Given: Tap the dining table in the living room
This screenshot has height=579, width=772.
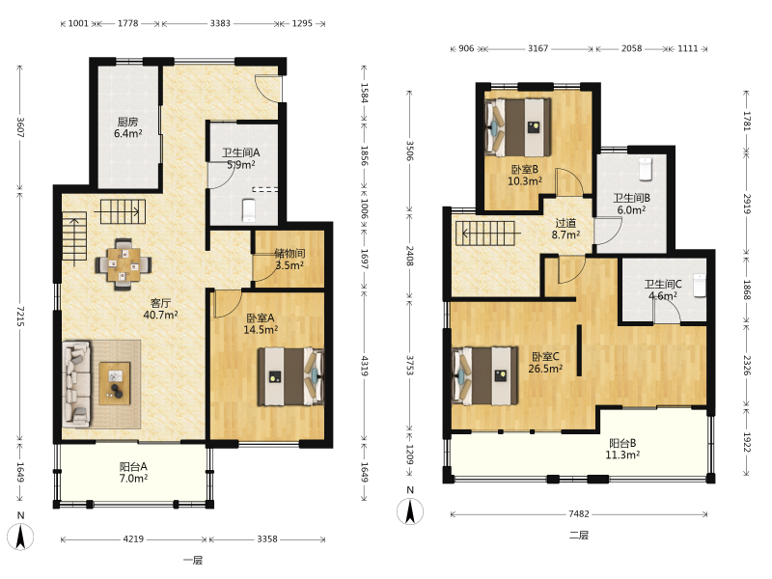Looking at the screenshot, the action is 124,264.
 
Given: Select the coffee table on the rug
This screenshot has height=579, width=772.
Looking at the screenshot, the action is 115,383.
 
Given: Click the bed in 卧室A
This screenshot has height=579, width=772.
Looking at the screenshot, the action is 291,376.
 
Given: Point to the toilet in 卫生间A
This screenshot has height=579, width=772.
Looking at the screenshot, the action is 249,210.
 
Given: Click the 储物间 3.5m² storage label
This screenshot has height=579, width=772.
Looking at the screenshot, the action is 289,260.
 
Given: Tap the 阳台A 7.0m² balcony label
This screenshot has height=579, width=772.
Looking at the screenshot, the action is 133,472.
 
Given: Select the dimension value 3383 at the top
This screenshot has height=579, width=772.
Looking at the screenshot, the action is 220,23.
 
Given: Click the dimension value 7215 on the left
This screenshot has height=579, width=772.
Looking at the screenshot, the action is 20,317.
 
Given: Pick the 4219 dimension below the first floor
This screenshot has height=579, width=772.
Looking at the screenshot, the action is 133,539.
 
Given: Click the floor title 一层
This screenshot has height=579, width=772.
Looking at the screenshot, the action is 193,561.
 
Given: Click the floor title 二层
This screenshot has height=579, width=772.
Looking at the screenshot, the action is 579,536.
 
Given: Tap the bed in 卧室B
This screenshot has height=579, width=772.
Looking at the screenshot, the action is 518,127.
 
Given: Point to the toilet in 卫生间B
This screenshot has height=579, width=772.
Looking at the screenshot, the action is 646,169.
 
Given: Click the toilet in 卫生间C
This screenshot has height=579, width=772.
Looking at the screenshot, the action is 700,286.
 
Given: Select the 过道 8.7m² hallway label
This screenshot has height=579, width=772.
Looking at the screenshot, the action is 565,229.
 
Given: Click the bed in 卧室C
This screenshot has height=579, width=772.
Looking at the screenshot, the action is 485,375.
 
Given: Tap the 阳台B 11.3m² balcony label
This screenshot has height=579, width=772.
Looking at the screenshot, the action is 622,449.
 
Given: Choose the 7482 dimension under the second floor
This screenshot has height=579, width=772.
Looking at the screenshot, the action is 579,514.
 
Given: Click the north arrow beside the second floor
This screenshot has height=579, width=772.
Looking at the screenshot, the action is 410,510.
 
